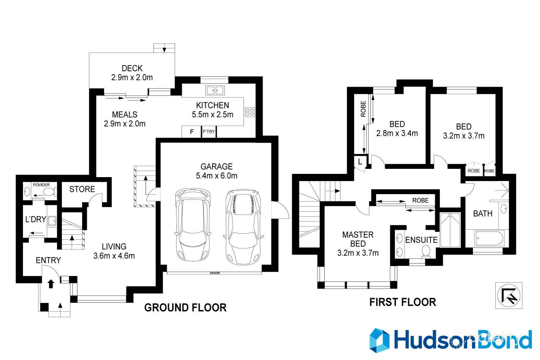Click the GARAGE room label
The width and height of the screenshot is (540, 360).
[x=216, y=167]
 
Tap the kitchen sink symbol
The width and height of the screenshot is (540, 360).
[x=215, y=90]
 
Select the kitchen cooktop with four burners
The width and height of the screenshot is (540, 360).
[x=249, y=112]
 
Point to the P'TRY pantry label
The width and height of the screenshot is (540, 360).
[x=208, y=132]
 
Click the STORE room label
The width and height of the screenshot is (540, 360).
[x=82, y=189]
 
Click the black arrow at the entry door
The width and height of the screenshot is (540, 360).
[x=51, y=284]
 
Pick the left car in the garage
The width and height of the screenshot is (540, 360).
[x=193, y=225]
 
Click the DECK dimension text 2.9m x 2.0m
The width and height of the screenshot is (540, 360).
[x=132, y=77]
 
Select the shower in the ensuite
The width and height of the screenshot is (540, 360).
[x=450, y=230]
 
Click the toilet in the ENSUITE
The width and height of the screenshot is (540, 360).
[x=426, y=251]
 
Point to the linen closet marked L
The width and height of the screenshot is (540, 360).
[x=360, y=162]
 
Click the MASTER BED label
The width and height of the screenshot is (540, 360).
[x=358, y=239]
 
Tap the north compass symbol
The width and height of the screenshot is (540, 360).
[x=508, y=295]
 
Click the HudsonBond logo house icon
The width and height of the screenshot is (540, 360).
[x=379, y=340]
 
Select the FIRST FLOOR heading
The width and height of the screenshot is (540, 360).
[x=402, y=302]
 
